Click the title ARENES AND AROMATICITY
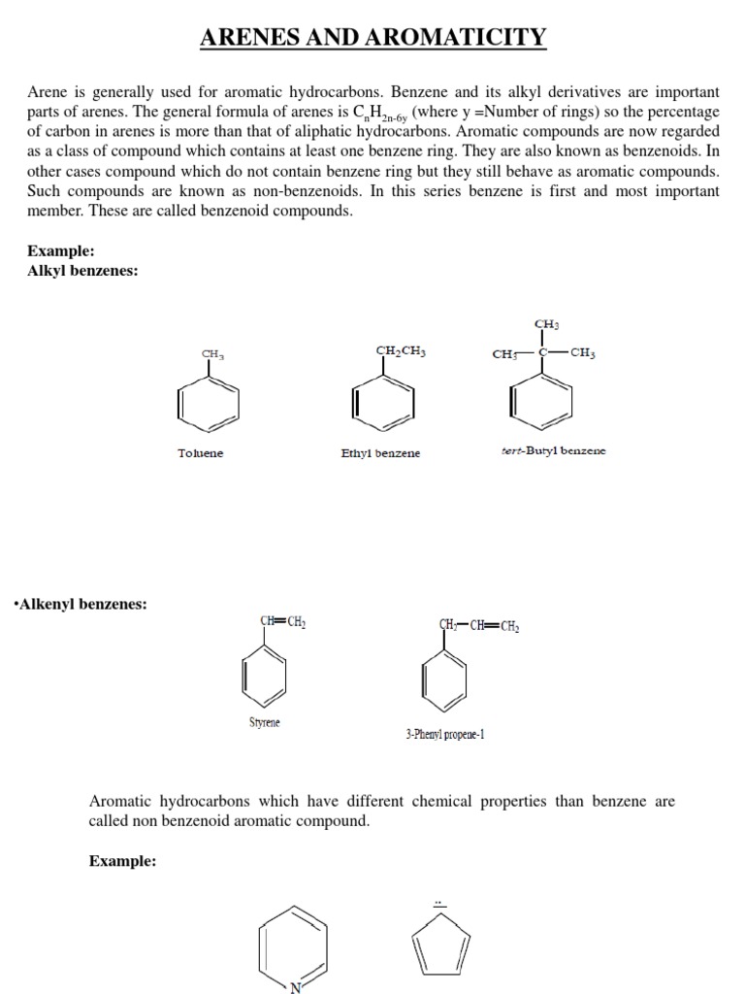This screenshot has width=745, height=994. coord(372,38)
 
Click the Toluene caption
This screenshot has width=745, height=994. coord(200,453)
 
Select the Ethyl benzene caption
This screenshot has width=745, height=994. coord(380,453)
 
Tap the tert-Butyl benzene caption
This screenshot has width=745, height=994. coord(553,451)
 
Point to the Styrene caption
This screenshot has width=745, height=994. coord(264,722)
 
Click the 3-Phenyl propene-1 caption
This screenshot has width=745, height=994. coord(445,735)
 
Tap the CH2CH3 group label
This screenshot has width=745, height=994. coord(400,351)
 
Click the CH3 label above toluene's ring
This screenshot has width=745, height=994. coord(212,354)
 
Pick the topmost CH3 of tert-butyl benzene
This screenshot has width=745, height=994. coord(546,324)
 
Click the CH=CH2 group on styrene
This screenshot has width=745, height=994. coord(283,622)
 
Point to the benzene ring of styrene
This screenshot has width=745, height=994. coord(264,675)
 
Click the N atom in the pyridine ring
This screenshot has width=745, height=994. coord(297,986)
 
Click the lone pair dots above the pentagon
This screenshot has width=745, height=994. coord(438,904)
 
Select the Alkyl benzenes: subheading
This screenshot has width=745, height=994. coord(82,271)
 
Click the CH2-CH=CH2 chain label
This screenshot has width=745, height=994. coord(479,624)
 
